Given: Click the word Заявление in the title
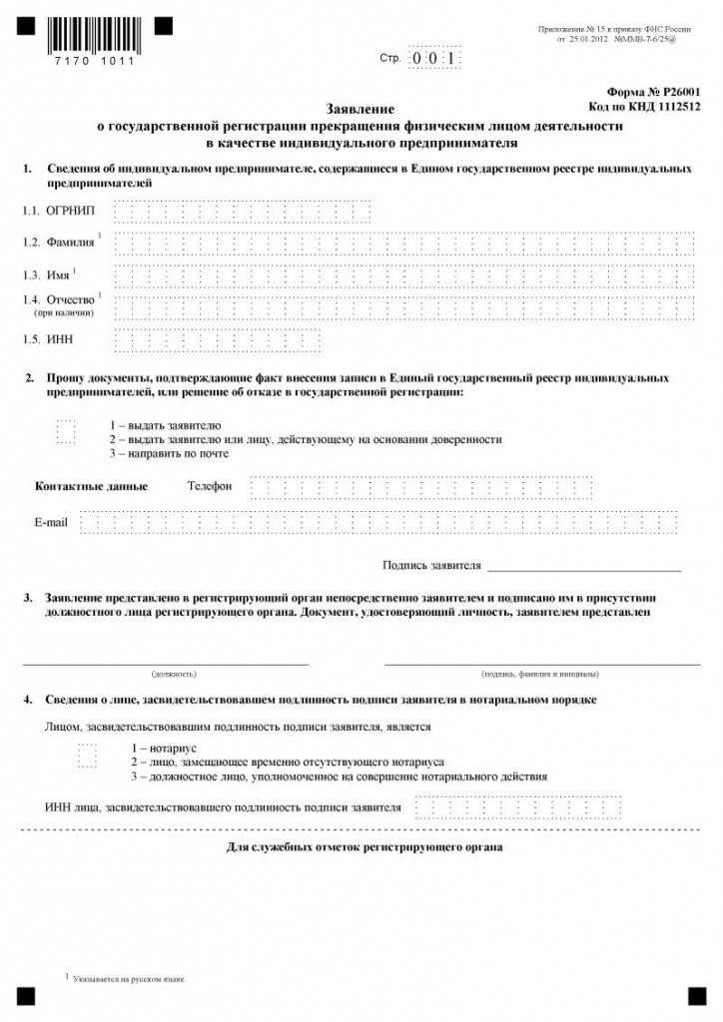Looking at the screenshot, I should tap(361, 108).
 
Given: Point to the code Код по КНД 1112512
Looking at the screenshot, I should tap(645, 106).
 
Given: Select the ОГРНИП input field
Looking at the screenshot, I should tap(243, 212).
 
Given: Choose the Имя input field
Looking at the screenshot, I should tap(403, 275).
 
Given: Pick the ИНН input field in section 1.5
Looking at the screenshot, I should tap(218, 340).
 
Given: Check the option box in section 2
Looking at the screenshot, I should tap(66, 431).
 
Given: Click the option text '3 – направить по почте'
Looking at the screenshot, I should tap(169, 454).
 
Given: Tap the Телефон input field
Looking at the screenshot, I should tap(420, 487).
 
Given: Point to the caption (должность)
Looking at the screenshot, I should tap(174, 675).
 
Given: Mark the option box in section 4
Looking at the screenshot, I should tap(88, 755).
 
